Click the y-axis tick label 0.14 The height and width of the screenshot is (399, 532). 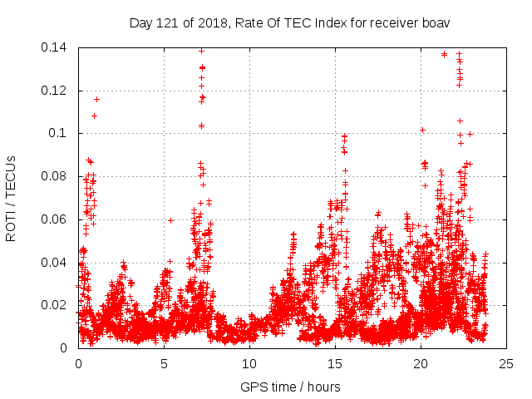click(56, 47)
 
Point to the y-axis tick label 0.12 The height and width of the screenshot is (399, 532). click(56, 90)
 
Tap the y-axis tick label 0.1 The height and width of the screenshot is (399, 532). click(59, 133)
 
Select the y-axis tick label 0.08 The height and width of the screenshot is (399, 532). click(56, 176)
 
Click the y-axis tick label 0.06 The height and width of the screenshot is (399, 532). click(56, 219)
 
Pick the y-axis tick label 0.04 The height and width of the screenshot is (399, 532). click(56, 263)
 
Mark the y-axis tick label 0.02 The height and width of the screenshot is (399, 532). click(56, 305)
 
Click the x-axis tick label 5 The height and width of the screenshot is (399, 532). click(164, 363)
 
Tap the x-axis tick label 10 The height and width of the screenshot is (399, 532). click(249, 363)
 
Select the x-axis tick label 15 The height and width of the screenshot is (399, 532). click(335, 363)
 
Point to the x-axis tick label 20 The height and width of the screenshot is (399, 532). click(421, 363)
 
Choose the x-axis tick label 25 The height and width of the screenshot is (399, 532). click(506, 363)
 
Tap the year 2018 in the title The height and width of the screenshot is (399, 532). click(209, 22)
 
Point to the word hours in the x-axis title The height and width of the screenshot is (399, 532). click(323, 387)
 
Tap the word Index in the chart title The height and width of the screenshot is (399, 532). click(327, 22)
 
